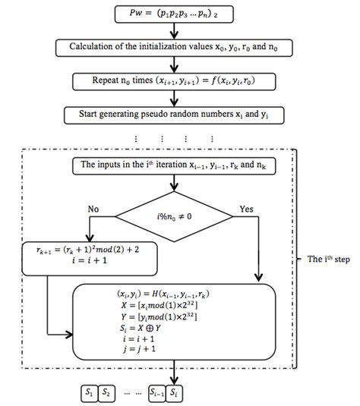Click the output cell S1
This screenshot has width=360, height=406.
point(89,393)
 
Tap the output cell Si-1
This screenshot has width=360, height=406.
point(158,393)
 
